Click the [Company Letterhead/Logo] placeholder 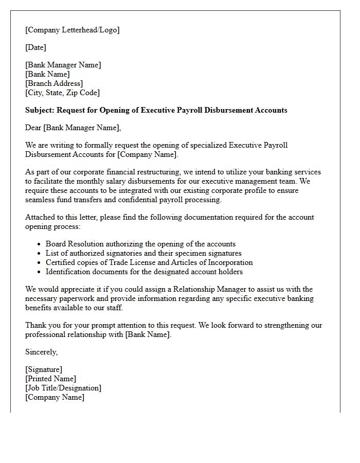(x=72, y=30)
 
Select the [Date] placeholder (x=35, y=48)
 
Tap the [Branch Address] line (x=54, y=83)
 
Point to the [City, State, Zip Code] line (x=62, y=93)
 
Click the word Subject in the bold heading (x=39, y=110)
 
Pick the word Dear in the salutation (x=33, y=128)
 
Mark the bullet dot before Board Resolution (x=40, y=244)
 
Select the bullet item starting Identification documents (x=144, y=272)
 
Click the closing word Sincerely (x=41, y=352)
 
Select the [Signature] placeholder (x=44, y=369)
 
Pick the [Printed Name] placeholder (x=50, y=379)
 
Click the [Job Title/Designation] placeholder (x=63, y=388)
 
